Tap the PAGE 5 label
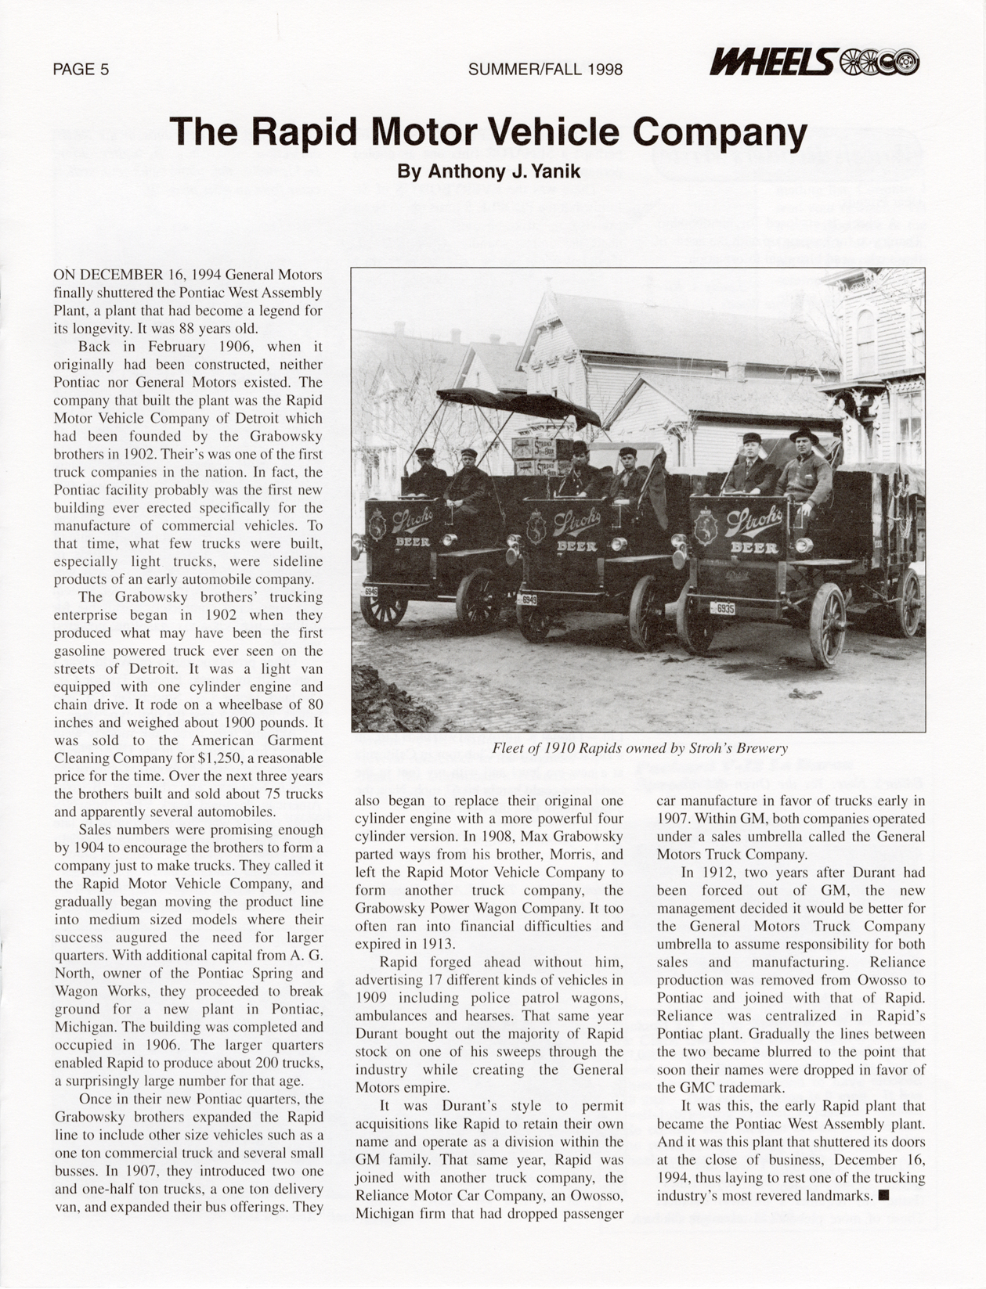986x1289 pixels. [81, 70]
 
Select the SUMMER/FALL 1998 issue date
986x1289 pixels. [545, 70]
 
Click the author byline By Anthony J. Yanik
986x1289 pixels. [489, 171]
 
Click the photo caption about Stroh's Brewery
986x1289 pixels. [640, 748]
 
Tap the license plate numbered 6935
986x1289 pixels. [722, 608]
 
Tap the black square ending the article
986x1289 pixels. [883, 1195]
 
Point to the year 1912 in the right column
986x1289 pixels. [712, 873]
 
